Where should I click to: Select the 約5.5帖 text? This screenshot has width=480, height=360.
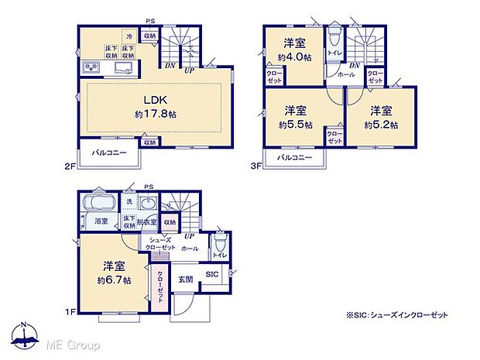tap(297, 124)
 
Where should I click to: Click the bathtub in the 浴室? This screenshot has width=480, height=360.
tap(99, 207)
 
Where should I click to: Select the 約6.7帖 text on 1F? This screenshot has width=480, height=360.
tap(114, 279)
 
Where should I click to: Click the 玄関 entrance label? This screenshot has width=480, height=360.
tap(186, 279)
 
